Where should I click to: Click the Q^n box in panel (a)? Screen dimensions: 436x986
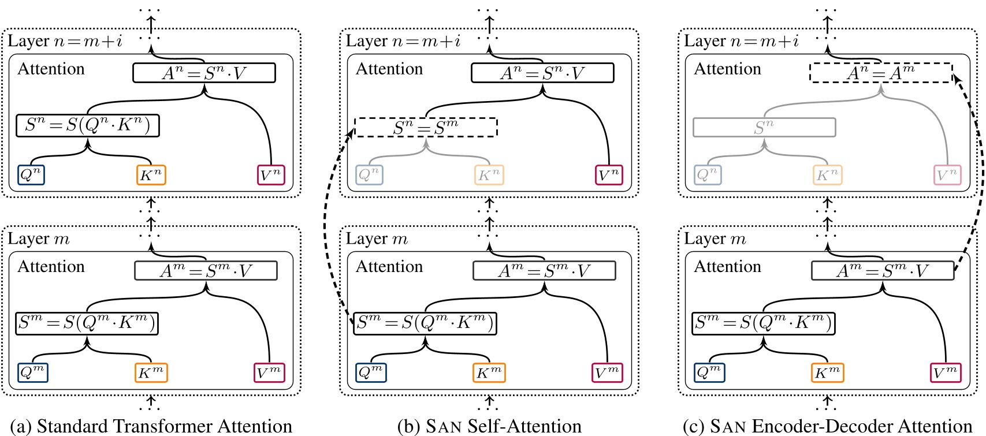[x=31, y=175]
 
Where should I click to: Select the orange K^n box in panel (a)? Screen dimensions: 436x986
[x=151, y=175]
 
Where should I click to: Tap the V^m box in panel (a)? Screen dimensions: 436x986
[x=269, y=372]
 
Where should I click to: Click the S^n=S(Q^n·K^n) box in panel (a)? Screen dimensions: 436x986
[x=88, y=125]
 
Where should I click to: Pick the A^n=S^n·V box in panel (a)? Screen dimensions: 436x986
[x=204, y=73]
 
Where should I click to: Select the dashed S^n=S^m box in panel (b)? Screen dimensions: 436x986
[x=426, y=127]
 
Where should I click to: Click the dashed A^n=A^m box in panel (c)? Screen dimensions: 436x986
[x=880, y=73]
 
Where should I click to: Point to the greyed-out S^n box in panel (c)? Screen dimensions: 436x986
[x=764, y=127]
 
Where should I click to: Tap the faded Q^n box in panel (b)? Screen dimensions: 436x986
[x=370, y=175]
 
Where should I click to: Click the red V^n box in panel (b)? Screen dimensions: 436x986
[x=609, y=175]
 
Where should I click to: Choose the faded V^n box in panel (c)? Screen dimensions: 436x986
[x=947, y=175]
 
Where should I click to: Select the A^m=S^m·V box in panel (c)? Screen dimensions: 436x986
[x=883, y=270]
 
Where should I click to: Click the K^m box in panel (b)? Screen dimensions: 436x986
[x=489, y=372]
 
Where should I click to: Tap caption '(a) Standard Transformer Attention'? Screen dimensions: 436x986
[x=151, y=426]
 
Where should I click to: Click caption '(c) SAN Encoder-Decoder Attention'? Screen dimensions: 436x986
[x=827, y=426]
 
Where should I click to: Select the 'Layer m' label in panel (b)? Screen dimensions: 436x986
[x=377, y=239]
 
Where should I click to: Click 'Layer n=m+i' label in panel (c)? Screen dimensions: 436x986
[x=741, y=41]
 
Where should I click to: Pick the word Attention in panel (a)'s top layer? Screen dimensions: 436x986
[x=51, y=69]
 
